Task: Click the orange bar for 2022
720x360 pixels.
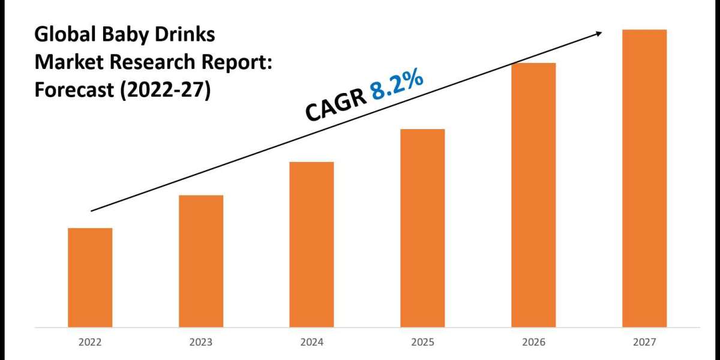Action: [x=90, y=277]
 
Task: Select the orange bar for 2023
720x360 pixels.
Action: [x=201, y=261]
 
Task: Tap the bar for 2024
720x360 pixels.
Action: [x=311, y=244]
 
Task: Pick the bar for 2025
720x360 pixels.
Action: [x=422, y=228]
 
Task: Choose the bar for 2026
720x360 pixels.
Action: [x=533, y=195]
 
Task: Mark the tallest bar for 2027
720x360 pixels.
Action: [x=644, y=178]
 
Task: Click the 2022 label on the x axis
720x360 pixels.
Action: [x=90, y=342]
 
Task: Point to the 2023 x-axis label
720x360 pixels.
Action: [x=201, y=342]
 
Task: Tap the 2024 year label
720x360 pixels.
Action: [x=311, y=342]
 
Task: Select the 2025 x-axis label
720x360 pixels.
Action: [x=422, y=342]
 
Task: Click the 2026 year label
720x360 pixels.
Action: [x=533, y=342]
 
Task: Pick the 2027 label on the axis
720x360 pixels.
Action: [x=644, y=342]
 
